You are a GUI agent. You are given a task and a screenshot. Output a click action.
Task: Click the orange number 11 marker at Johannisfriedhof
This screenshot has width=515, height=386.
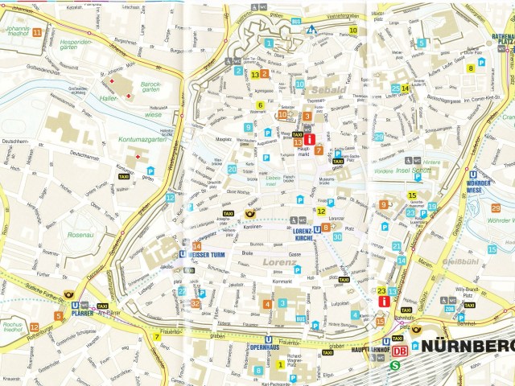[x=37, y=32]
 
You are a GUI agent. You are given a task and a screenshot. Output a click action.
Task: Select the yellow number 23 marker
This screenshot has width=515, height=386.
[x=381, y=291]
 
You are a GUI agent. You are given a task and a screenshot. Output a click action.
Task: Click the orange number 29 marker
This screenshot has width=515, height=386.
[x=495, y=209]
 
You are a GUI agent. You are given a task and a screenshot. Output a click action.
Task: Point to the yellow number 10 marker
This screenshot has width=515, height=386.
[x=353, y=31]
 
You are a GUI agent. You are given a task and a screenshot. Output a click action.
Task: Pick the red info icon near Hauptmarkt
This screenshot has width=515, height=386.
[x=309, y=139]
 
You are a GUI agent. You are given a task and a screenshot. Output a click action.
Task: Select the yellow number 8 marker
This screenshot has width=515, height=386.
[x=472, y=68]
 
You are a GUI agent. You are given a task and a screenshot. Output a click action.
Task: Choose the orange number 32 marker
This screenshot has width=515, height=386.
[x=196, y=303]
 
